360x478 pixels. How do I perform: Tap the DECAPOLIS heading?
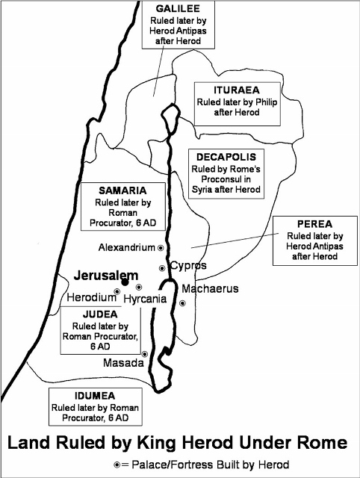coord(226,158)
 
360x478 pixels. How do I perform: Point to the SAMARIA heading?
coord(115,190)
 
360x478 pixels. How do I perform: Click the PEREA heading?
coord(313,223)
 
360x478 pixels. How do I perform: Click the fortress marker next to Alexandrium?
coord(160,247)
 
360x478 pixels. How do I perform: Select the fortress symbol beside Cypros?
coord(161,268)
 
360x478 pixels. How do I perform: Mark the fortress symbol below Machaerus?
coord(182,302)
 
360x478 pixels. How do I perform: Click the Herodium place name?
coord(90,297)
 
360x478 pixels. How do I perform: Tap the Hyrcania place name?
coord(146,298)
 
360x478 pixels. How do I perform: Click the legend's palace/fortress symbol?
coord(117,463)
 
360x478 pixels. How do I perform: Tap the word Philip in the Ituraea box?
coord(250,101)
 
